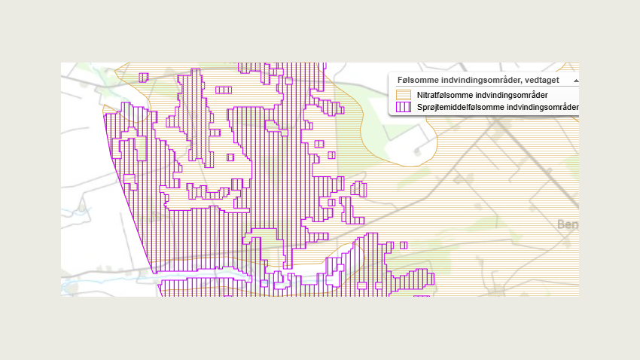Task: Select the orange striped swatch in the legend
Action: click(404, 95)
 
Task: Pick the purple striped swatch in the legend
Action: click(404, 107)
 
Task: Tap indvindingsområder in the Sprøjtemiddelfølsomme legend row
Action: click(542, 107)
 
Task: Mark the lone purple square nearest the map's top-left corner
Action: click(144, 77)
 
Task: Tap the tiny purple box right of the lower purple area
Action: click(404, 245)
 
